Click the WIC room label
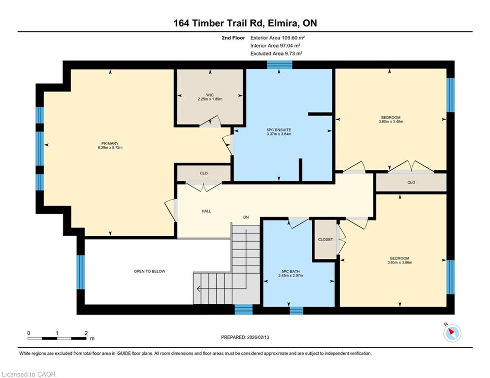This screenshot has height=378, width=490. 210,95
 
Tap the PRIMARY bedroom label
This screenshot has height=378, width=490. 110,143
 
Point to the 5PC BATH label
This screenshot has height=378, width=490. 291,272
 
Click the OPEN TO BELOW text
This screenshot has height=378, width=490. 149,271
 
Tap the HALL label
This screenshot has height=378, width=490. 206,211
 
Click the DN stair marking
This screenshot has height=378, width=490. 246,217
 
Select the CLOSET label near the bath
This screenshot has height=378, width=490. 326,239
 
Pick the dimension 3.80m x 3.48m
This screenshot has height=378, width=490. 391,122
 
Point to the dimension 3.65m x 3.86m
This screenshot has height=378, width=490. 400,262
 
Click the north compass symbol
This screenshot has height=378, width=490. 452,333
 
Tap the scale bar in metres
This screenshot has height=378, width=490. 57,338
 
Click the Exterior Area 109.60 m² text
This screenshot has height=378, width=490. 277,38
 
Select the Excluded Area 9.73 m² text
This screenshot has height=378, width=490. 276,54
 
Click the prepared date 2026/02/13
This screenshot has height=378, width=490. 258,337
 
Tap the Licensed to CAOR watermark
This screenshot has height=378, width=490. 29,374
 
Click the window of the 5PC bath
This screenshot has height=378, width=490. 296,311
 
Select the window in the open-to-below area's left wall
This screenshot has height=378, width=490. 81,272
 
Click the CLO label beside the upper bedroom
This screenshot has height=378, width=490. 411,183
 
